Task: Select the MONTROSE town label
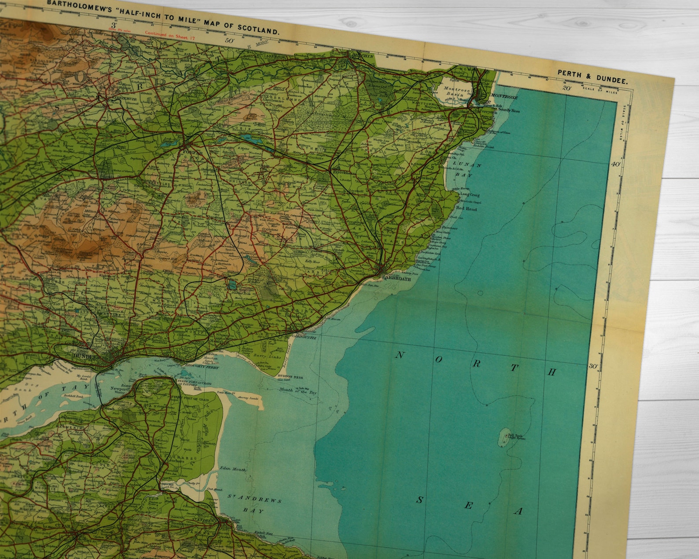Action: [504, 96]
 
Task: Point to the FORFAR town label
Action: [192, 152]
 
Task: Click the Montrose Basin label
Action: [456, 92]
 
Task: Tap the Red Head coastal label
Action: [466, 209]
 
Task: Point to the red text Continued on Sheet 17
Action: [169, 35]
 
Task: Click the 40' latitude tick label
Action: [615, 164]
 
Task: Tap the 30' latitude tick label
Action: [594, 366]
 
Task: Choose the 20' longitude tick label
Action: [566, 88]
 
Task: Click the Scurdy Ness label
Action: [509, 110]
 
